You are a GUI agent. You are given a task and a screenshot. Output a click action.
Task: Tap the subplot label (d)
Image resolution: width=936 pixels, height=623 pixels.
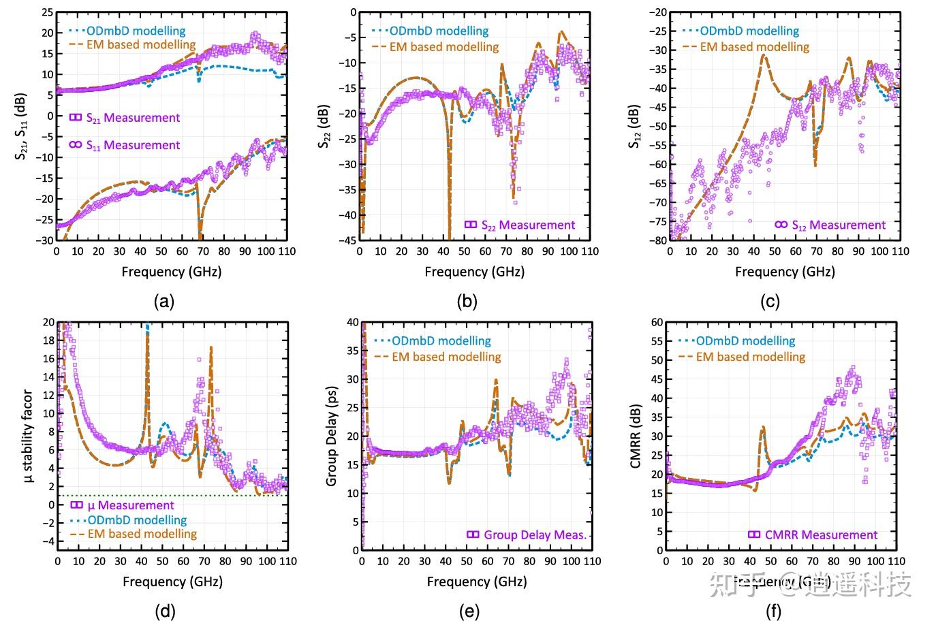164,611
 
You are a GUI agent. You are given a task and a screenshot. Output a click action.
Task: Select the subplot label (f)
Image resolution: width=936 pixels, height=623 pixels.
773,611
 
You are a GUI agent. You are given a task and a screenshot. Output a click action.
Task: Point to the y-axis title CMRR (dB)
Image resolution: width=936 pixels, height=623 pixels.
636,435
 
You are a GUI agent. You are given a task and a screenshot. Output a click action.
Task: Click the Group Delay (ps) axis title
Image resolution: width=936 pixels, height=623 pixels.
332,436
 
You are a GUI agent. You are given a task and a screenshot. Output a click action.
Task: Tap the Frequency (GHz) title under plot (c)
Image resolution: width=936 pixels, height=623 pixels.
785,272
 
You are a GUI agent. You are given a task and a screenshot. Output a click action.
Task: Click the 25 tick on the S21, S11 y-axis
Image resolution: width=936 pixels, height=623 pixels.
47,12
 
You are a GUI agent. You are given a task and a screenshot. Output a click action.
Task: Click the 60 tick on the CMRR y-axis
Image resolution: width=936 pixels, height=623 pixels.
657,322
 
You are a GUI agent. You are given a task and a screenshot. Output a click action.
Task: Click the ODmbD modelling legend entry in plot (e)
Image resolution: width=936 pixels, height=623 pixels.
441,341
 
